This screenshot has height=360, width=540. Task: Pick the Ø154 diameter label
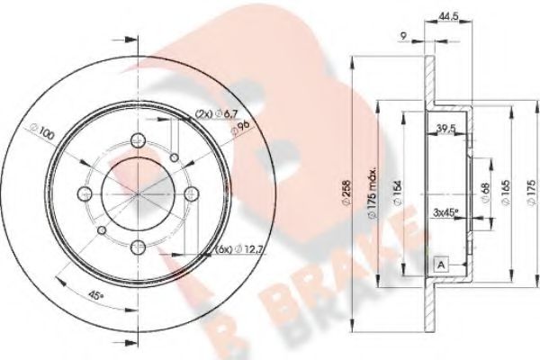tap(396, 193)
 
